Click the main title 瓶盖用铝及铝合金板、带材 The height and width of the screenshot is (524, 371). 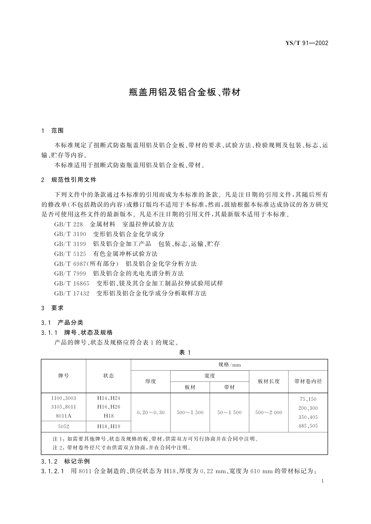(x=185, y=92)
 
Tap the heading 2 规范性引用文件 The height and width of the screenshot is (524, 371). (x=69, y=180)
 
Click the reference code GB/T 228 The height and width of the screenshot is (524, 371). (x=68, y=224)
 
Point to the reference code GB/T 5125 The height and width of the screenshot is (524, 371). (x=70, y=254)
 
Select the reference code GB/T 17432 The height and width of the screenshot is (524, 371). (x=72, y=293)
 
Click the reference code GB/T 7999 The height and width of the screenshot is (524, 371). (x=70, y=274)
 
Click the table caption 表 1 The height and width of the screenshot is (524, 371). (x=185, y=353)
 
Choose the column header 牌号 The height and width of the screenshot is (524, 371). (x=64, y=376)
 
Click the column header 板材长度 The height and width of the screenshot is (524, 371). (x=269, y=381)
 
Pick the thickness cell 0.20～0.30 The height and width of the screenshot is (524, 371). (x=150, y=413)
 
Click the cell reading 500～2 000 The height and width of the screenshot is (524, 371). (x=269, y=413)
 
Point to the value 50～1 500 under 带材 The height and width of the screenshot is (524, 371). (x=229, y=413)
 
